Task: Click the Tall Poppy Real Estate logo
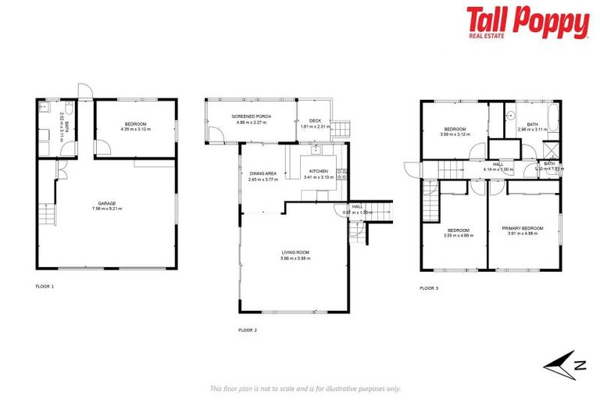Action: coord(527,23)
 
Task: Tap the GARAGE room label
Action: coord(108,203)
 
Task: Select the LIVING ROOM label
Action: coord(296,252)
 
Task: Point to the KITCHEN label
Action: coord(317,171)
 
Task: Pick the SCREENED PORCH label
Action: coord(249,116)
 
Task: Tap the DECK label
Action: coord(315,120)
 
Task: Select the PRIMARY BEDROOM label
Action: coord(523,227)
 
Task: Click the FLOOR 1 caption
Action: coord(45,287)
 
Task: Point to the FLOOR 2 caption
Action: coord(247,330)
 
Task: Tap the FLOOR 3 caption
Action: coord(429,288)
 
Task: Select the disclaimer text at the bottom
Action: coord(305,388)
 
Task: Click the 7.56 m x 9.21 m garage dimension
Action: coord(108,209)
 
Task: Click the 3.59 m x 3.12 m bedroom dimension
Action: coord(455,134)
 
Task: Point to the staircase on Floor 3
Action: coord(428,204)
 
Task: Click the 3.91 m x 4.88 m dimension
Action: coord(523,233)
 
